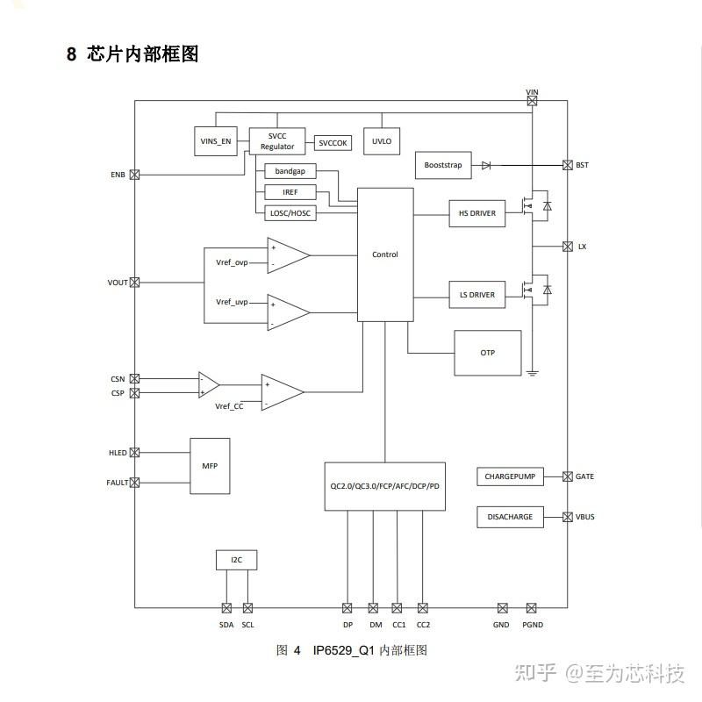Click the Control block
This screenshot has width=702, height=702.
click(385, 254)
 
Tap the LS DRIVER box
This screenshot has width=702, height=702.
click(476, 295)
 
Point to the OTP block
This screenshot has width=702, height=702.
click(487, 353)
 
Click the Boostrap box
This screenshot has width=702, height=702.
click(442, 165)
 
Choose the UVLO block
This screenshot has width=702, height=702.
click(382, 141)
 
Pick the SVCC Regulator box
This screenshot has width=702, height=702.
click(277, 141)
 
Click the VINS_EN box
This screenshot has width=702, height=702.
click(216, 141)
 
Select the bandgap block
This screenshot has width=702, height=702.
click(290, 171)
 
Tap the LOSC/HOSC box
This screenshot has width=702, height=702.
click(290, 213)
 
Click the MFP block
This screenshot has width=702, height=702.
click(210, 465)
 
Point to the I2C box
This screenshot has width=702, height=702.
click(237, 560)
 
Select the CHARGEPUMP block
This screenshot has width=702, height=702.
click(510, 476)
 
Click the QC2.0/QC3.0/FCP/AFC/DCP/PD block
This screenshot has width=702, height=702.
click(384, 486)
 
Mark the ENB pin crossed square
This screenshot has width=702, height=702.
click(134, 175)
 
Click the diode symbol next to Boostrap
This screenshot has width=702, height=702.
click(486, 165)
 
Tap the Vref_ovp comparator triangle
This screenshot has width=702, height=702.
click(287, 255)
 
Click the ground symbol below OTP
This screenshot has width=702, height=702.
click(532, 374)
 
